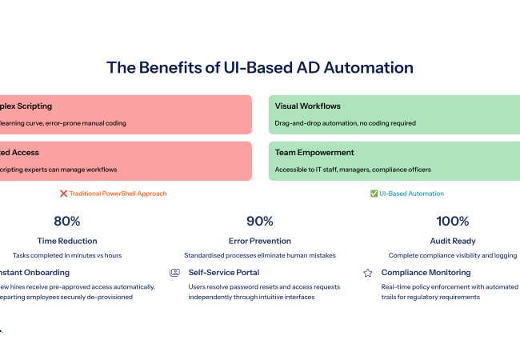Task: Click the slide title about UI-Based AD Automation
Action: click(260, 67)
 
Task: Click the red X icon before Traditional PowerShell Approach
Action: click(63, 194)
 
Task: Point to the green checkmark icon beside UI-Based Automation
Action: click(374, 194)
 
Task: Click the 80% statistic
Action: click(67, 222)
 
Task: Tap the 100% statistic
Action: click(453, 222)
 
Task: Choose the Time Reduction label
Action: click(67, 241)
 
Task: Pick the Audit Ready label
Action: click(453, 241)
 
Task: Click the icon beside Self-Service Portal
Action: click(175, 273)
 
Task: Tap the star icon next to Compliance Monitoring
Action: click(368, 273)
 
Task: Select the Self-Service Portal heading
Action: click(222, 273)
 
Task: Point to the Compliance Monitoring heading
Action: click(426, 273)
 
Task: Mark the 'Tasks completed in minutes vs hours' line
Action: click(67, 255)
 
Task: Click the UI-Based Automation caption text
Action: click(412, 194)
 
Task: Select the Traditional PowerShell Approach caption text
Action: click(118, 194)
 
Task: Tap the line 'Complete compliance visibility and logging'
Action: click(453, 255)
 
